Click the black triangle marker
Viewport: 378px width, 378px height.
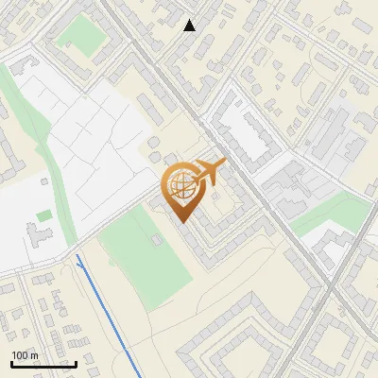tap(190, 26)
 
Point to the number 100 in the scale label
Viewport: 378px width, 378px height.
tap(21, 355)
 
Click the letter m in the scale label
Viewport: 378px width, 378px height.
tap(35, 355)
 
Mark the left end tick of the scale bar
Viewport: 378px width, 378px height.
tap(11, 363)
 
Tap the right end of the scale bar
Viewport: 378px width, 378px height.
tap(76, 363)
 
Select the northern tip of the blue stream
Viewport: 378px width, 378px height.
tap(77, 256)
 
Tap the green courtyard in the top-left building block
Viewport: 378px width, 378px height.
tap(78, 32)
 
